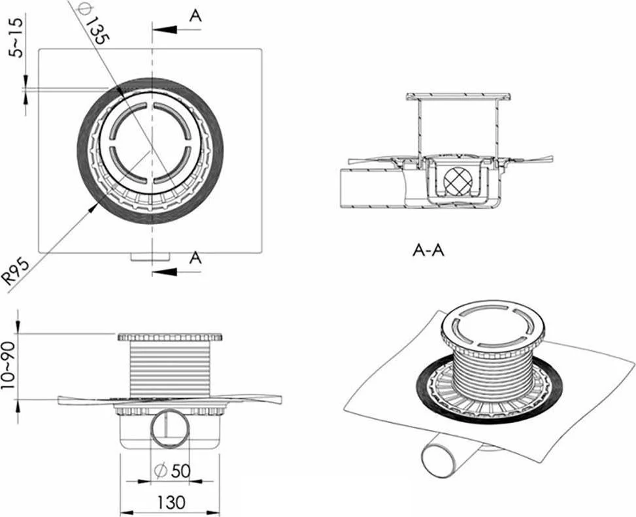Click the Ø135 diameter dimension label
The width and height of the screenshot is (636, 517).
[90, 24]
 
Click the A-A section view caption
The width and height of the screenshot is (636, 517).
[429, 250]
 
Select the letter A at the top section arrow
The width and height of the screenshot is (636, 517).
[195, 16]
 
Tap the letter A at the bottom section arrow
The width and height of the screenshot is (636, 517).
[194, 258]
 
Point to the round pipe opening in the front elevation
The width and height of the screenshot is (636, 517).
[169, 428]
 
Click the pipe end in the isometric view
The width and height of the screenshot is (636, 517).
[437, 459]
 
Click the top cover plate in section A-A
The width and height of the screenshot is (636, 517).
[458, 97]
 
